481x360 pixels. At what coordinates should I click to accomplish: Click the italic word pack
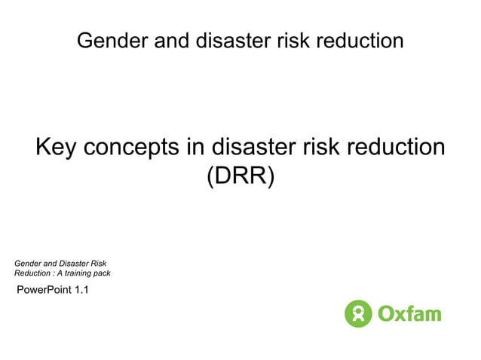tap(102, 273)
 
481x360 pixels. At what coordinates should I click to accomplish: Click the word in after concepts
tap(195, 147)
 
